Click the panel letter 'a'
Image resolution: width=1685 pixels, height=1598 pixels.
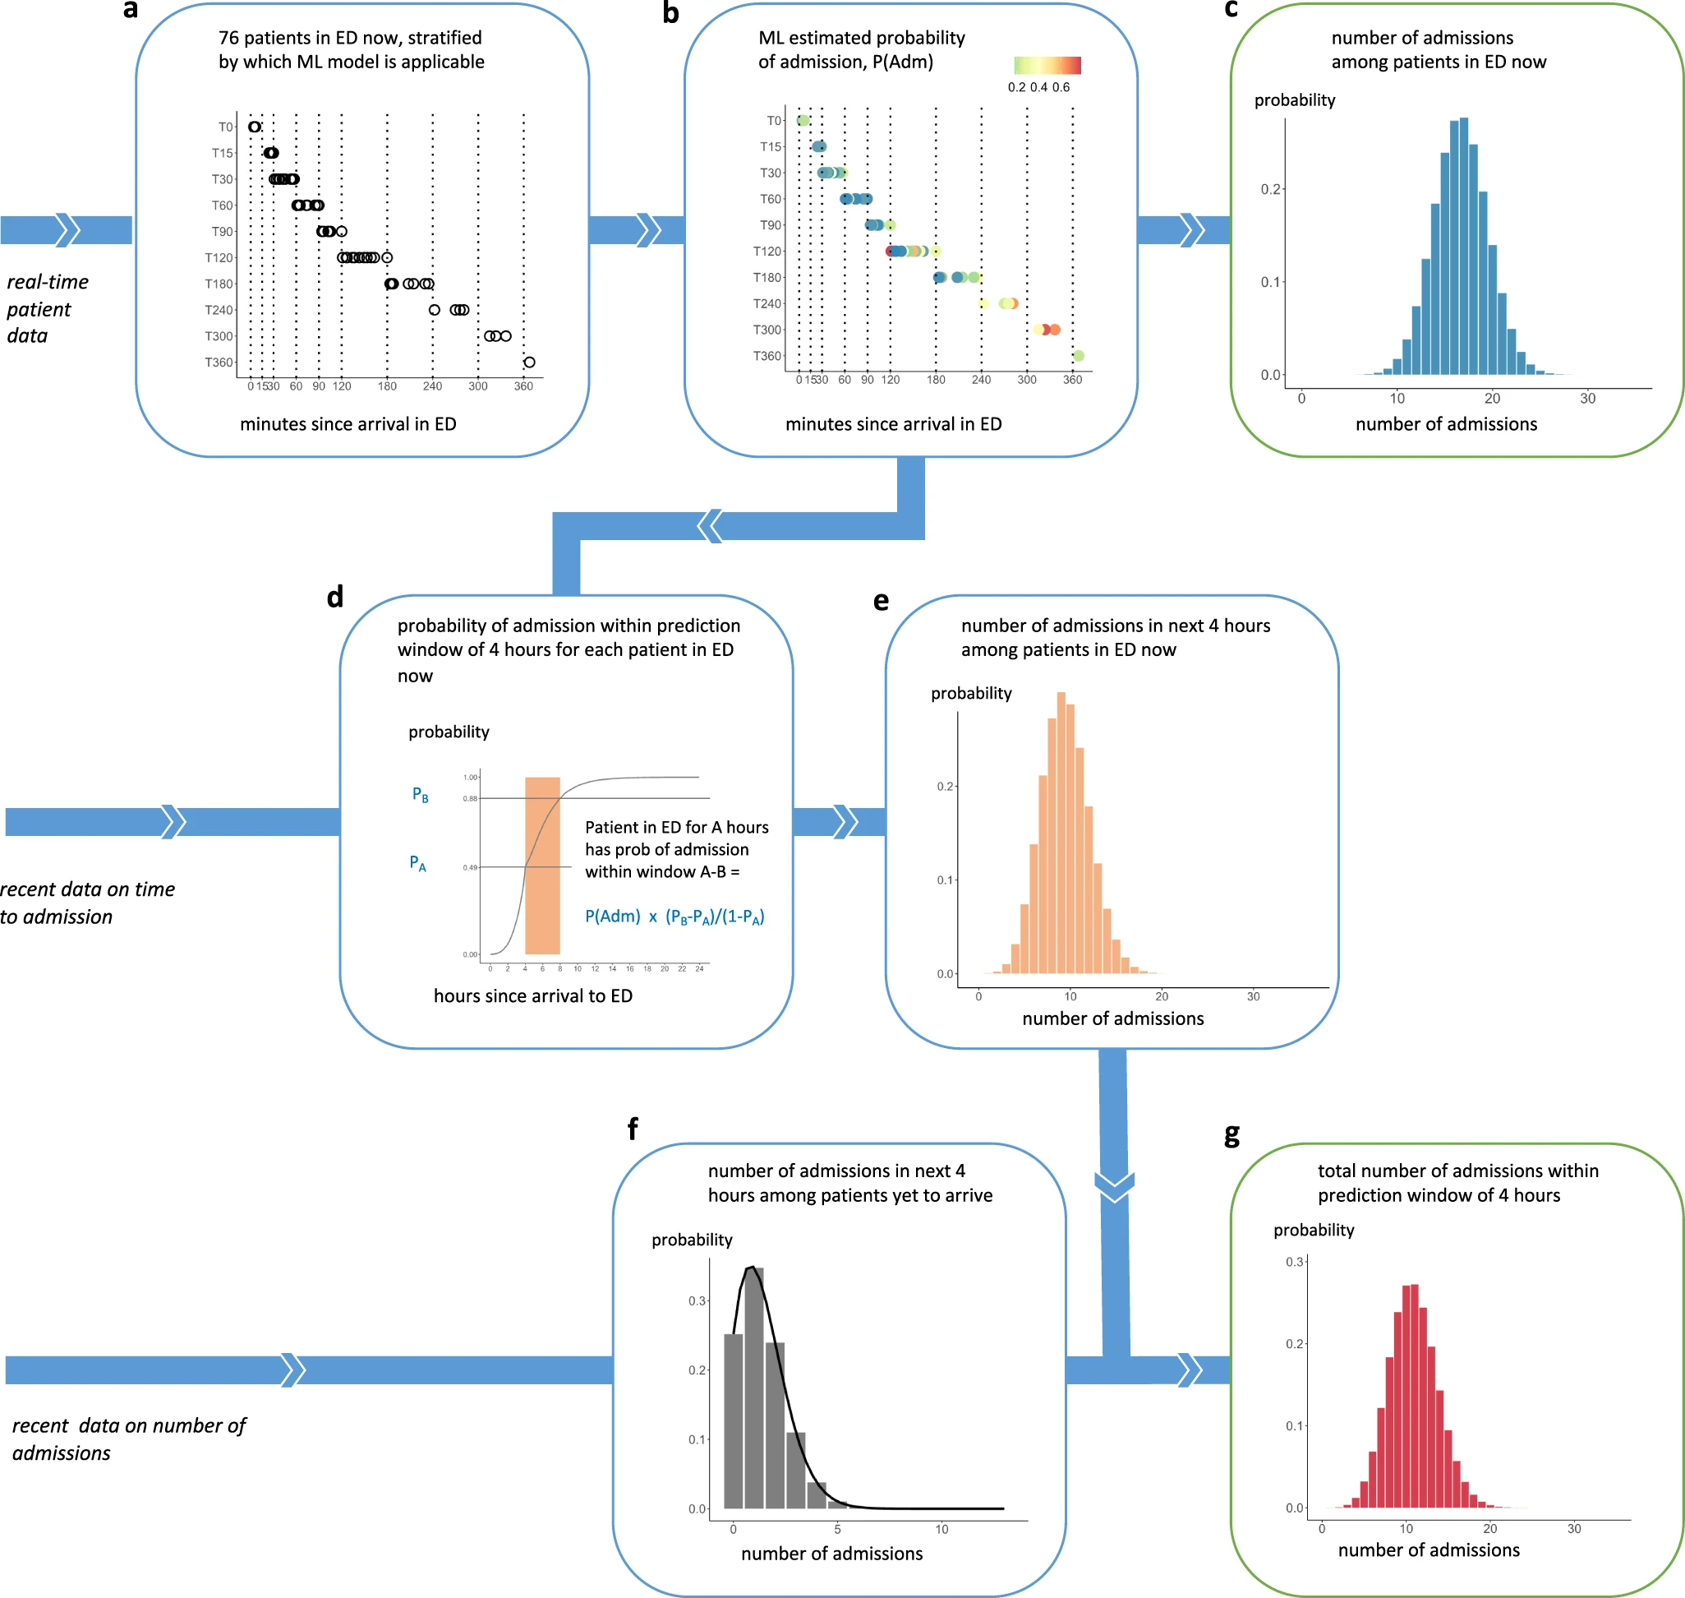tap(130, 10)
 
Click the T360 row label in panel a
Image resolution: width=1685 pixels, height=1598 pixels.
tap(218, 362)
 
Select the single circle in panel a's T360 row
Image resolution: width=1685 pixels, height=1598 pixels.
tap(529, 362)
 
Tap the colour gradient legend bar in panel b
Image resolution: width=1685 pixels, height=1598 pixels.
tap(1047, 66)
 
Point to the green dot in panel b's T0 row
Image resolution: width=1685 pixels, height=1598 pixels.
tap(802, 120)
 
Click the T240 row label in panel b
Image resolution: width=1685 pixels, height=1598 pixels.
tap(767, 303)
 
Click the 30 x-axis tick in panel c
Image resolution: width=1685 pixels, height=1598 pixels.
tap(1587, 399)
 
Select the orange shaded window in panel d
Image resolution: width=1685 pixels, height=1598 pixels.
tap(541, 865)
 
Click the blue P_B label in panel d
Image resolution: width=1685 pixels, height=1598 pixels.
tap(420, 795)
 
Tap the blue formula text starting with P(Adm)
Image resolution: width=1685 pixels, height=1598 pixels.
tap(674, 917)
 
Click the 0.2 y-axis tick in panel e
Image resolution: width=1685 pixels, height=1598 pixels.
tap(945, 786)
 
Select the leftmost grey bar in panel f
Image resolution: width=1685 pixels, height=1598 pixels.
tap(733, 1420)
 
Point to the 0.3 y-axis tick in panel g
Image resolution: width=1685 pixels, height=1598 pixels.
tap(1294, 1262)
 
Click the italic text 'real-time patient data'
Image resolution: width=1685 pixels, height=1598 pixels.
tap(47, 308)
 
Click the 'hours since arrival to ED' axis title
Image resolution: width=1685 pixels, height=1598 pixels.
tap(532, 995)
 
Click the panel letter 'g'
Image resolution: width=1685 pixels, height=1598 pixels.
tap(1232, 1135)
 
